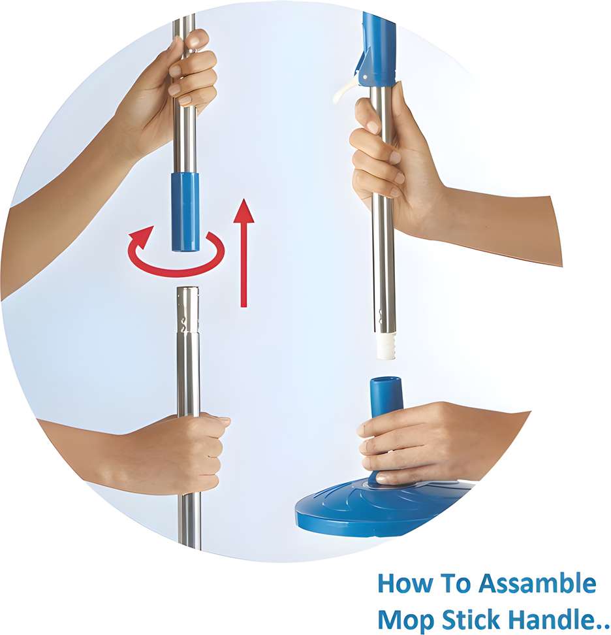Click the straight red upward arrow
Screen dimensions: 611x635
point(243,253)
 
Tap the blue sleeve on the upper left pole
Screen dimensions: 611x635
point(185,212)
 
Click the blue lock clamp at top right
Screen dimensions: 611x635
point(376,50)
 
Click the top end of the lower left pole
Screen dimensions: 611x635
point(188,288)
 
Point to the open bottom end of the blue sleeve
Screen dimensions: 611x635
point(185,249)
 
